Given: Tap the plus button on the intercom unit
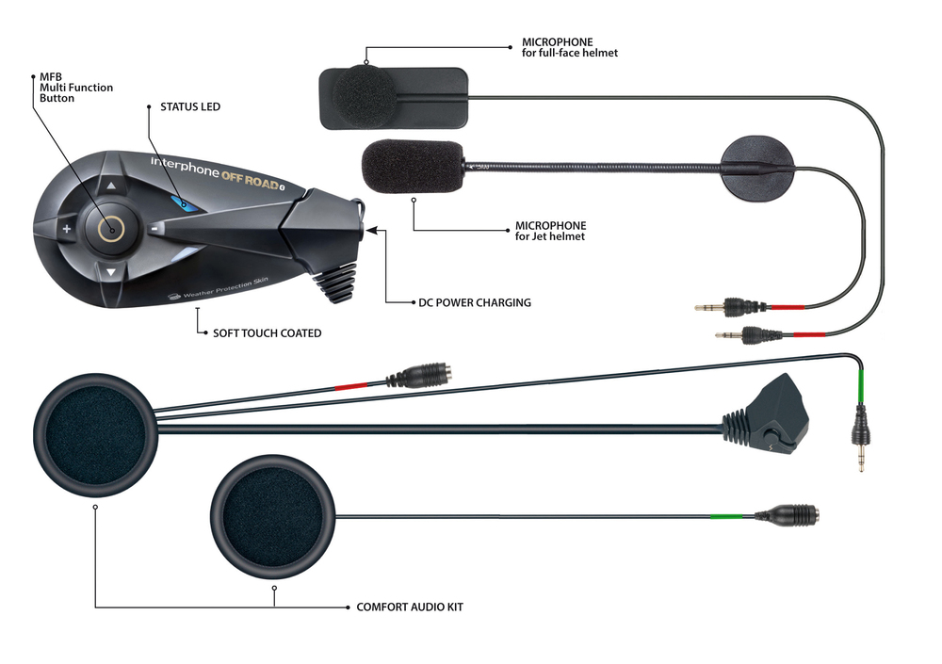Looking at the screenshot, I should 67,229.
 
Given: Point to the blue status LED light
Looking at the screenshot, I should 182,202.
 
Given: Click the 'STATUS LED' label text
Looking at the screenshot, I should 189,107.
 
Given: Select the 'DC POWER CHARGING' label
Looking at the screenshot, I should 475,303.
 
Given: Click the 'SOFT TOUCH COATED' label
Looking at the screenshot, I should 268,332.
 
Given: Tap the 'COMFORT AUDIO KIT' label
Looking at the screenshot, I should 409,607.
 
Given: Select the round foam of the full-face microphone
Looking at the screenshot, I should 364,94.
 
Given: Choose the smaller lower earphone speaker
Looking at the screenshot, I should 273,515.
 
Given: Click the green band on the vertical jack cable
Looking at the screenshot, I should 859,386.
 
